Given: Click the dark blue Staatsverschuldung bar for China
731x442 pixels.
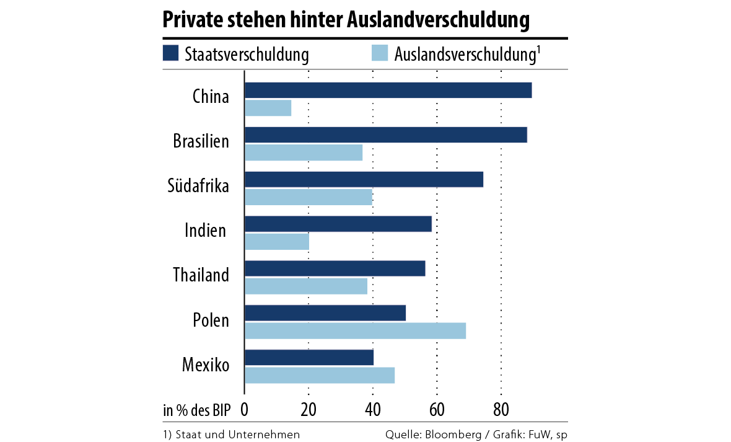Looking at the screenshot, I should click(388, 90).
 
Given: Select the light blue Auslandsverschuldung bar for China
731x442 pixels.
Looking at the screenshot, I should click(268, 108).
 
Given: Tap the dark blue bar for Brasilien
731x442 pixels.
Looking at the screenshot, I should click(385, 135).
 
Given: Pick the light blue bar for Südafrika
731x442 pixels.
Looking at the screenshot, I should click(309, 197).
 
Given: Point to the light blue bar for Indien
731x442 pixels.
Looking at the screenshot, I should click(277, 242).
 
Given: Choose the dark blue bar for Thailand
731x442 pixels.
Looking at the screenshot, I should click(335, 268).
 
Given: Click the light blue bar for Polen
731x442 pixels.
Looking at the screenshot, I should click(355, 331).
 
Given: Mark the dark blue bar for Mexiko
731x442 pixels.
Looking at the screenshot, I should click(309, 358).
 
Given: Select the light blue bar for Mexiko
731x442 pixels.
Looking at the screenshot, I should click(320, 376).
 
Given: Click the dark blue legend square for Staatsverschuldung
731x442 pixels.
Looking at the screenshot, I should click(170, 53).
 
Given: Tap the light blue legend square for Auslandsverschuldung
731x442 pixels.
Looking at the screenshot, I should click(379, 53).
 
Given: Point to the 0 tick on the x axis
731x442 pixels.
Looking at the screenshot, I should click(245, 410).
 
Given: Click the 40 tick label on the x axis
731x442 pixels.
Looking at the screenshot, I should click(373, 410).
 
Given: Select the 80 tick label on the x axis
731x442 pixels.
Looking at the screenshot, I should click(501, 410).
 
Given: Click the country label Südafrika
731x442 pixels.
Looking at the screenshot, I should click(198, 185).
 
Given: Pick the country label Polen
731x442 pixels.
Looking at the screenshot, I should click(211, 320).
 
